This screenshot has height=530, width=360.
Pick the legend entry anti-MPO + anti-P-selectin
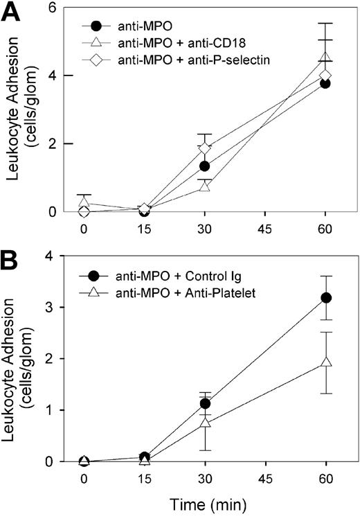coord(197,60)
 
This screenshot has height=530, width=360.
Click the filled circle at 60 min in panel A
coord(324,83)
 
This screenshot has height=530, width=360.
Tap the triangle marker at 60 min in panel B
coord(324,362)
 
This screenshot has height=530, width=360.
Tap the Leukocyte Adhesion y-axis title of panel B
coord(22,359)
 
